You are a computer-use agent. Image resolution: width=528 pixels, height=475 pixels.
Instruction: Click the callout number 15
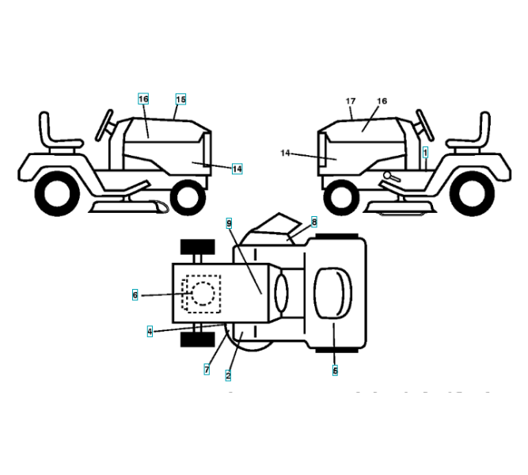point(180,99)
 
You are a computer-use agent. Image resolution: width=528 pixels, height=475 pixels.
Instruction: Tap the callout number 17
point(351,101)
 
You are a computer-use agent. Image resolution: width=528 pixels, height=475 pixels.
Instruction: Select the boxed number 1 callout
point(425,150)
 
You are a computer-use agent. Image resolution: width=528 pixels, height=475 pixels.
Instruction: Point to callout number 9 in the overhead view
point(229,224)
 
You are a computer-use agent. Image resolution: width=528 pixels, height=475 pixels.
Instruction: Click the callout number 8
point(313,222)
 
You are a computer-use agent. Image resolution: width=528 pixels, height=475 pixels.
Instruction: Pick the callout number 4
point(150,331)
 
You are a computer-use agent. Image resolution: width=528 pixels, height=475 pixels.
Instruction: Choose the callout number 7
point(207,369)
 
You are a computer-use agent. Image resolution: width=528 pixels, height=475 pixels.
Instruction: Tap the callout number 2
point(229,375)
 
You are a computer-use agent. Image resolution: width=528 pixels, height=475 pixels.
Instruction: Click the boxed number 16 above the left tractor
point(142,99)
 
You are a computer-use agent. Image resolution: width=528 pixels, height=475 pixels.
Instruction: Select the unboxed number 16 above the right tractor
point(382,101)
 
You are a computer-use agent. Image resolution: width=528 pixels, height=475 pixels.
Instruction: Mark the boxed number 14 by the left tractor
point(237,169)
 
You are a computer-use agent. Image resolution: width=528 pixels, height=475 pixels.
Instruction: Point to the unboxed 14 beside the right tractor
point(285,152)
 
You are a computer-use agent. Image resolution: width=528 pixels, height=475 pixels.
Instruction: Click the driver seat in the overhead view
point(333,292)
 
